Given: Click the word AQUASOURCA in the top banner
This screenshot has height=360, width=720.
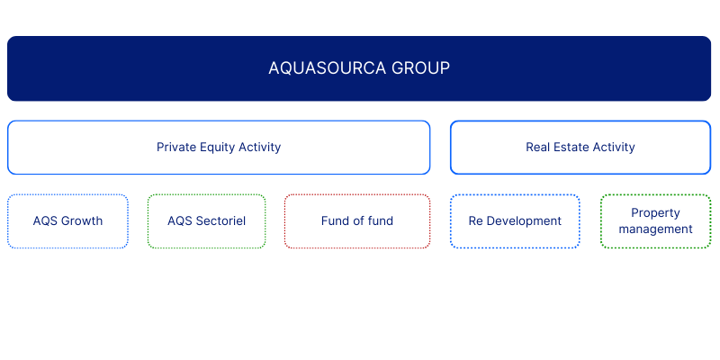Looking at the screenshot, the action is coord(328,68).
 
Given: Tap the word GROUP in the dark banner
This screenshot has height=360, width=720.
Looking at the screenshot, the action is coord(420,68).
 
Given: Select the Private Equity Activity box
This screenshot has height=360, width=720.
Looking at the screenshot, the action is coord(219,148).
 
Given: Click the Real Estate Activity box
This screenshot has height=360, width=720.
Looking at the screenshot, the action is coord(580,148).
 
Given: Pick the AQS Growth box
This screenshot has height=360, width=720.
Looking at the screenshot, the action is coord(67,220).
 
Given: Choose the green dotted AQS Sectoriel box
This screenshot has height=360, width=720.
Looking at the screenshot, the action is coord(207,220).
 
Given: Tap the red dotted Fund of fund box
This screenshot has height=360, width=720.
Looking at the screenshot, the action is coord(357,220).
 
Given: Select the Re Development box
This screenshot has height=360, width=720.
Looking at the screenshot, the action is coord(515,220).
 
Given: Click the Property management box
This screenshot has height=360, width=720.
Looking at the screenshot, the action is coord(656,220).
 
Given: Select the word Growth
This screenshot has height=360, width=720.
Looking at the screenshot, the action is coord(82,220).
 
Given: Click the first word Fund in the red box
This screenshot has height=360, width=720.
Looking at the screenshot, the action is coord(332,220).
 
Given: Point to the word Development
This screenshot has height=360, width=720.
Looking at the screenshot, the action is coord(524,221).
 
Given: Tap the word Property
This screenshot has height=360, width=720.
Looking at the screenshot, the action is coord(655,213).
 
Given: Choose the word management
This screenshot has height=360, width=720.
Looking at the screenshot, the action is coord(656,229).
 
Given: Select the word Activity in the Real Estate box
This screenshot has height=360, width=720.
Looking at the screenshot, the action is coord(614,148).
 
